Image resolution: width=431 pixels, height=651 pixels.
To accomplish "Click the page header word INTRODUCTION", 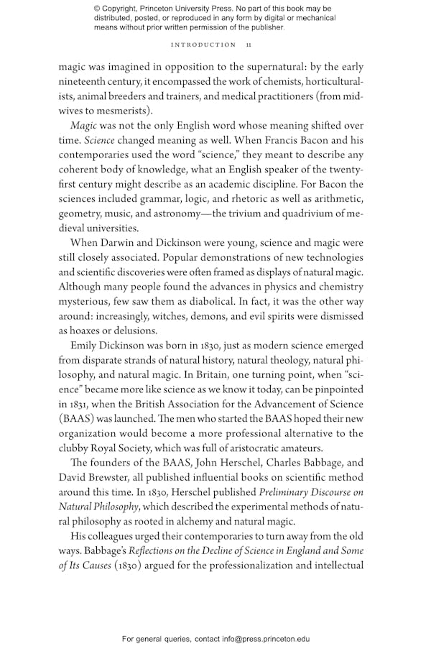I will (x=203, y=45).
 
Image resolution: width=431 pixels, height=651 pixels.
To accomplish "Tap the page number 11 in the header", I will (x=249, y=45).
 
